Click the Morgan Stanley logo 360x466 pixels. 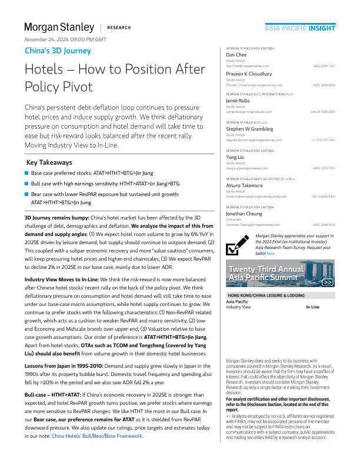(x=59, y=27)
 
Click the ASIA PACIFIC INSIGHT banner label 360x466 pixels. (x=300, y=28)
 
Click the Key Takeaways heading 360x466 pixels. (x=49, y=162)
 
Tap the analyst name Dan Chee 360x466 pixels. (x=237, y=55)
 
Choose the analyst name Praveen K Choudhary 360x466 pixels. (x=249, y=74)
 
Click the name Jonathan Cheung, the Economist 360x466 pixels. (x=246, y=214)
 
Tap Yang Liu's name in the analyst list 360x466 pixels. (x=235, y=158)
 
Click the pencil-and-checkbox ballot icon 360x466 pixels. (x=238, y=245)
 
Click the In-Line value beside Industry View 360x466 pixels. (x=312, y=307)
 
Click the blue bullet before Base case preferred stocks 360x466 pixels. (x=26, y=174)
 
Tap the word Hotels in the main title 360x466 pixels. (x=44, y=69)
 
